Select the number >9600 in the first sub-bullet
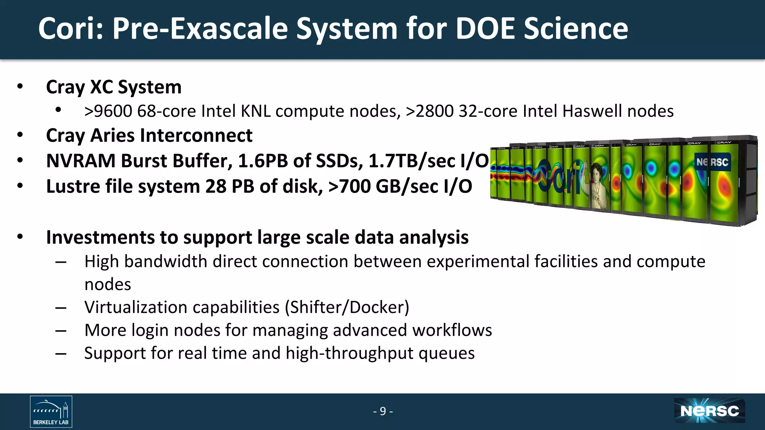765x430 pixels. [108, 111]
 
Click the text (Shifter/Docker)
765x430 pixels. [347, 307]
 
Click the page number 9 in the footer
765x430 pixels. [383, 411]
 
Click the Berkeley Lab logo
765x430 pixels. [51, 411]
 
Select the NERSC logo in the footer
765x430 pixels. [709, 411]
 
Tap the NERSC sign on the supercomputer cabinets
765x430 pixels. [712, 162]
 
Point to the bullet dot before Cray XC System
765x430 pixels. [20, 87]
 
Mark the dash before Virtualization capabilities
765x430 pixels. [61, 308]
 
